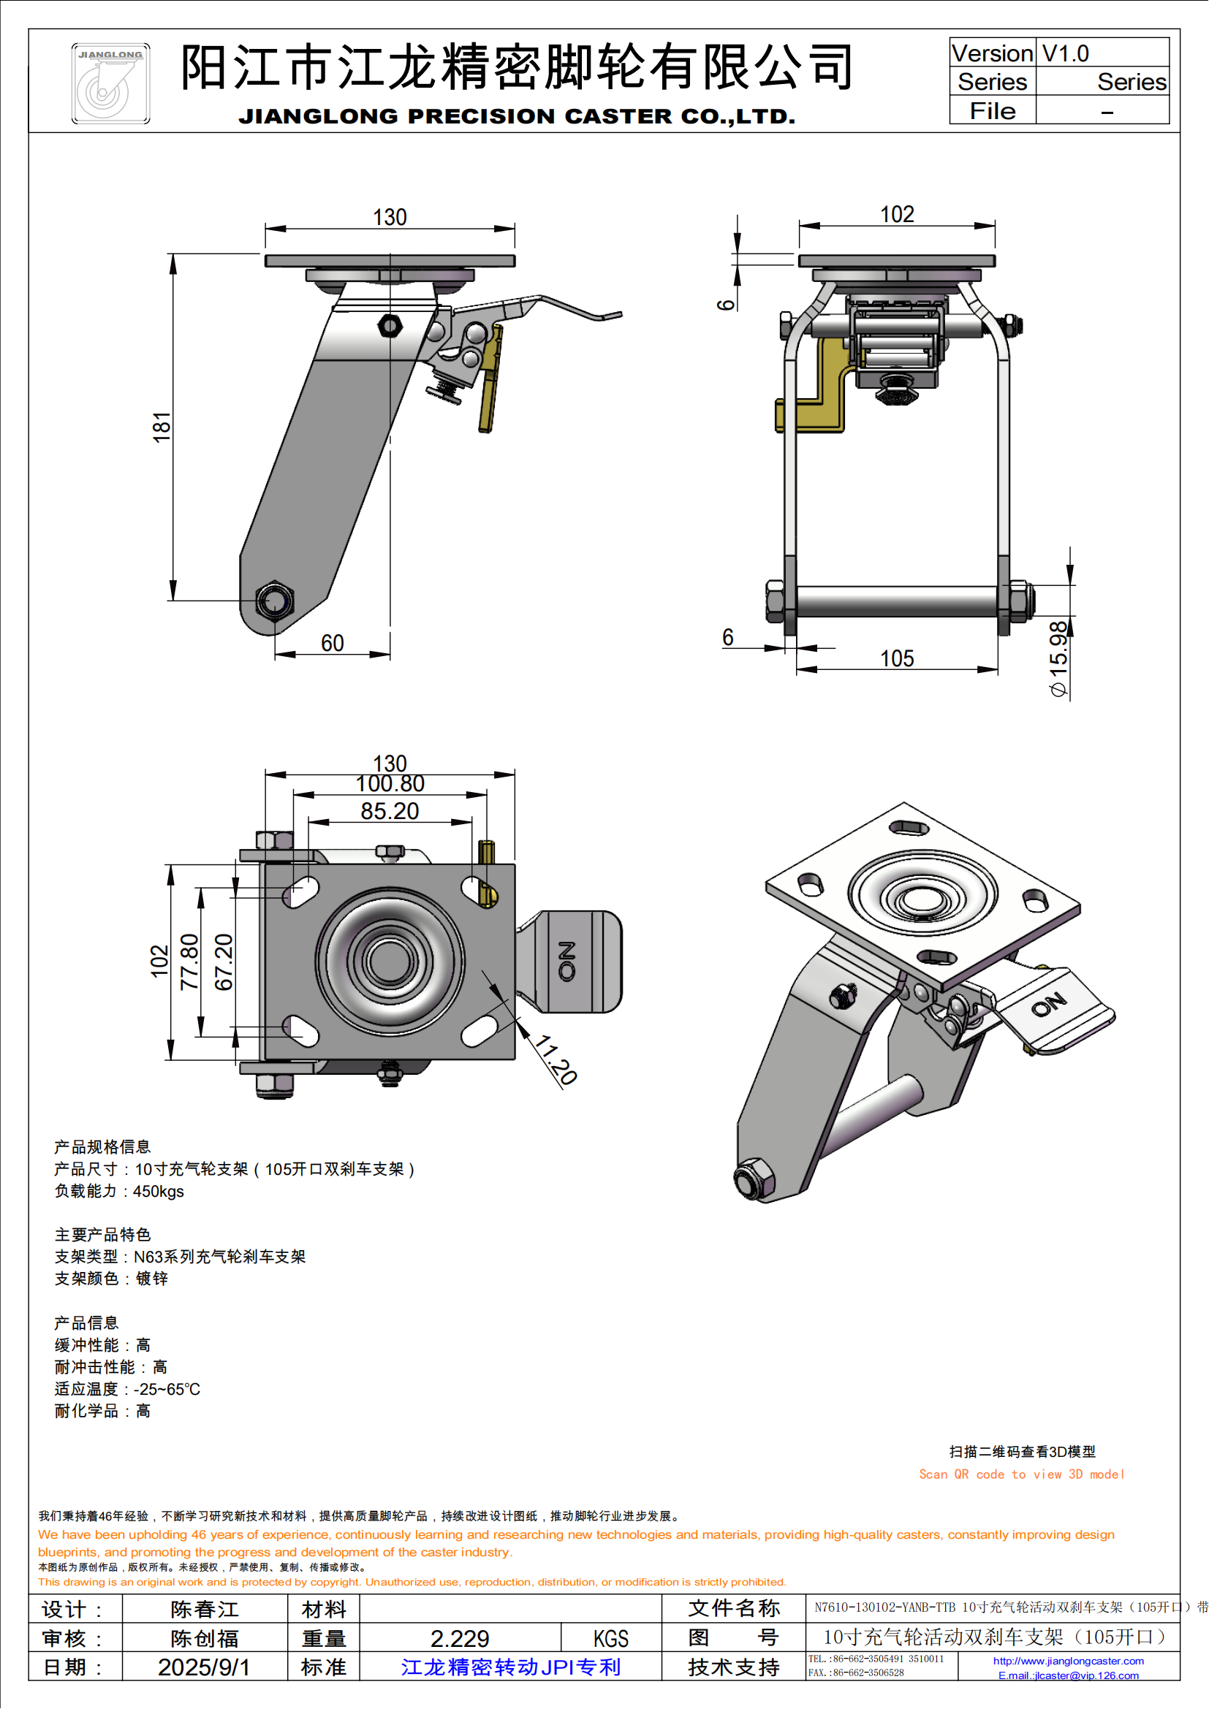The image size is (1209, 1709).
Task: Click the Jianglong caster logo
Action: coord(110,83)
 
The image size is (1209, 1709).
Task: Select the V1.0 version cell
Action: coord(1064,53)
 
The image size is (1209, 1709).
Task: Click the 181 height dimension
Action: coord(162,427)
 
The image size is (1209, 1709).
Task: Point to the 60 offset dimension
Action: coord(332,643)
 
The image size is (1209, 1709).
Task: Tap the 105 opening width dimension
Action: coord(896,659)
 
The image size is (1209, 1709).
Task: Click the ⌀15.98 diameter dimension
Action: coord(1058,659)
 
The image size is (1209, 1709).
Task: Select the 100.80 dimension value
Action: coord(390,784)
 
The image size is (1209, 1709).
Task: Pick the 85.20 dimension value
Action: coord(390,811)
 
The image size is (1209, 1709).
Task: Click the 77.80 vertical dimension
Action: coord(190,961)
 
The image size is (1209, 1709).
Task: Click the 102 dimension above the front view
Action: coord(896,214)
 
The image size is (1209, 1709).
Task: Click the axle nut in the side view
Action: coord(274,600)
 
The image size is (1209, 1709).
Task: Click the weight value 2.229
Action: coord(459,1638)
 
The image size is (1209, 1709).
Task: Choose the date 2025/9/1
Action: coord(203,1667)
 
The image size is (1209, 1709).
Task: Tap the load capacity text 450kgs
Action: coord(158,1192)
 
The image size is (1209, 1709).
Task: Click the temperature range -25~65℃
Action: coord(167,1390)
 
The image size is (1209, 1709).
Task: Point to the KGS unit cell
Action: coord(610,1638)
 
